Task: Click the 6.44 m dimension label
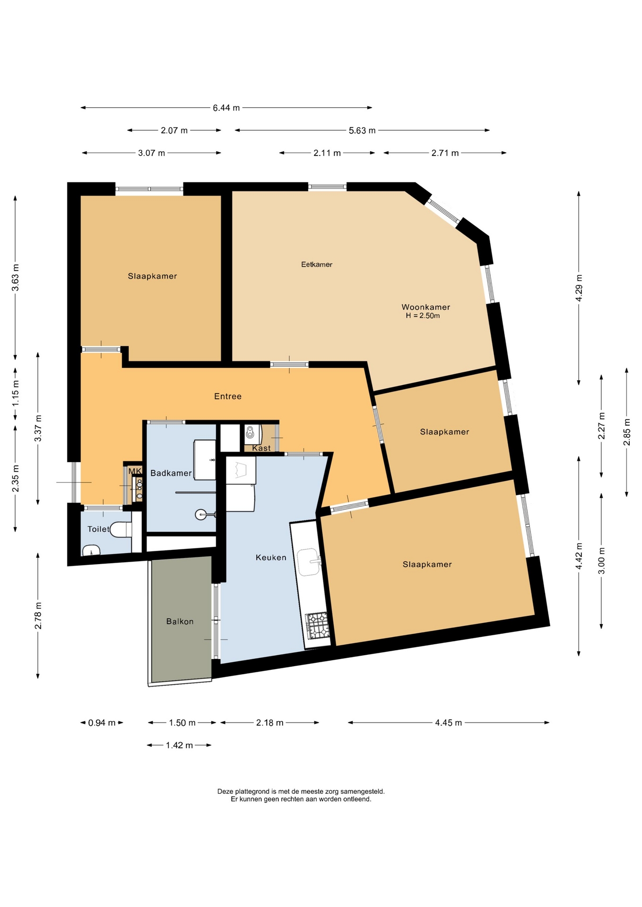click(226, 108)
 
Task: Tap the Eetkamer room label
click(317, 265)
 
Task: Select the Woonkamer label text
click(426, 307)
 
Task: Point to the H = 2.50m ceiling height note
click(423, 316)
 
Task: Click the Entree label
click(228, 396)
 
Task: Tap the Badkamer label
click(171, 473)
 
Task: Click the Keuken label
click(271, 557)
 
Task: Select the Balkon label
click(180, 621)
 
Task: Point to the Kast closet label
click(261, 448)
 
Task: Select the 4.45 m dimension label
click(448, 722)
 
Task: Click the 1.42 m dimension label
click(179, 745)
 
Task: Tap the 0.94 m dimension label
click(102, 722)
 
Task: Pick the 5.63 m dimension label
click(362, 130)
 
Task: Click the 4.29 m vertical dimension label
click(579, 288)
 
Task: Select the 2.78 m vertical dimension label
click(38, 616)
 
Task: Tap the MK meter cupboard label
click(135, 471)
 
